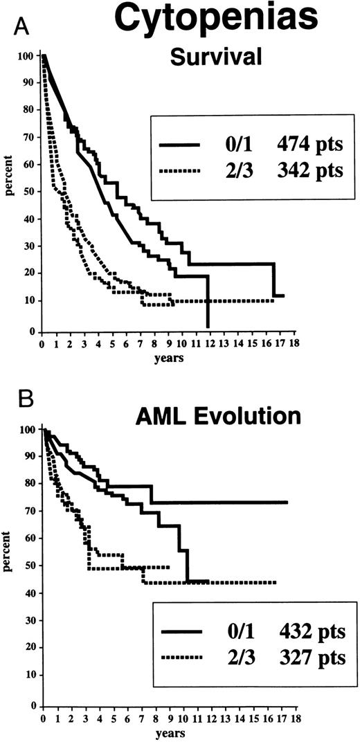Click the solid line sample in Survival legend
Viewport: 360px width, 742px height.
point(179,145)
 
